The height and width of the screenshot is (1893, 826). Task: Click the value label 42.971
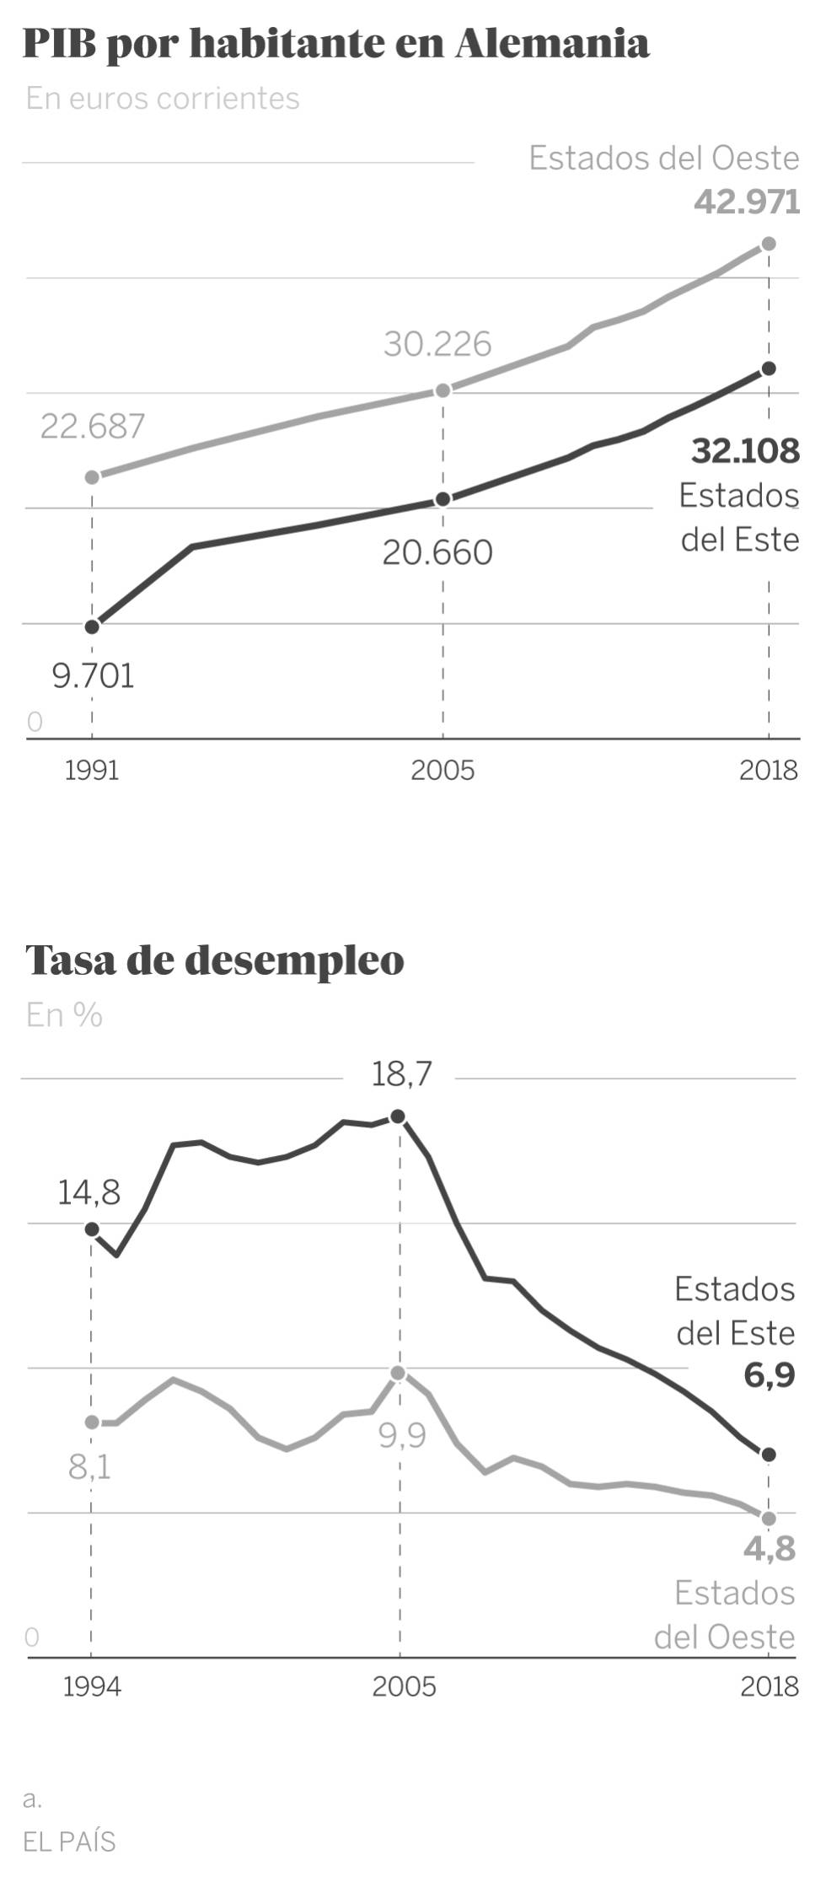point(747,202)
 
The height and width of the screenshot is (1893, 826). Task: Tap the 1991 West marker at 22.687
point(93,477)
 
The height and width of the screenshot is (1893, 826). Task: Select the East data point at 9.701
point(93,627)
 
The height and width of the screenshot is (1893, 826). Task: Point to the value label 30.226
point(437,344)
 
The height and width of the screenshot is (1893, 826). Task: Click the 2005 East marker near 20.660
point(442,499)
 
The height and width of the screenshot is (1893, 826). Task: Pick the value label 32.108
point(745,451)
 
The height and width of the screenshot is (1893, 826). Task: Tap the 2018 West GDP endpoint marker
point(768,245)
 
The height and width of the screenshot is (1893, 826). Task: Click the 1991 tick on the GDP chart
point(92,770)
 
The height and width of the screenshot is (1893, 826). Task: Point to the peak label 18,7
point(401,1073)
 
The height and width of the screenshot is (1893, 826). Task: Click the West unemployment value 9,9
point(402,1434)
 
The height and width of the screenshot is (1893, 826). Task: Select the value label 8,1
point(89,1467)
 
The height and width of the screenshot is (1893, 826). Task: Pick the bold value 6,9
point(769,1376)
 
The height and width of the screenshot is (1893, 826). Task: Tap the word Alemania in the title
point(552,44)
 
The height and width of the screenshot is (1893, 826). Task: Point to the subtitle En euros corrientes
point(163,99)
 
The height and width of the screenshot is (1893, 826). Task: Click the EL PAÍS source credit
point(69,1841)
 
